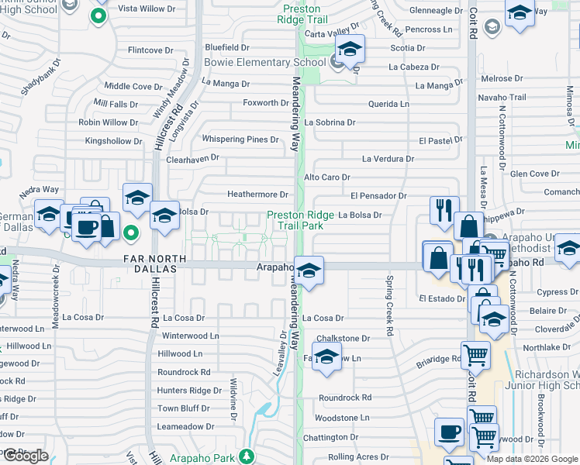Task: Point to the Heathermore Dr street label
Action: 257,195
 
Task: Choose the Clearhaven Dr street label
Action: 192,158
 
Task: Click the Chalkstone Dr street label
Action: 343,339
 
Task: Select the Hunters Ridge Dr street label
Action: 184,391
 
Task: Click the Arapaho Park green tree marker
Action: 247,455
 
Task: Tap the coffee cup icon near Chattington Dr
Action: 449,432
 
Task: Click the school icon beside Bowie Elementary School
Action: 350,50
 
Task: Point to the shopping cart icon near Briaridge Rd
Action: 475,354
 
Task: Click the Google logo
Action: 26,456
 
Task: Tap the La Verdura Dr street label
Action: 388,159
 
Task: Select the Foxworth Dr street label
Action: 265,103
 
